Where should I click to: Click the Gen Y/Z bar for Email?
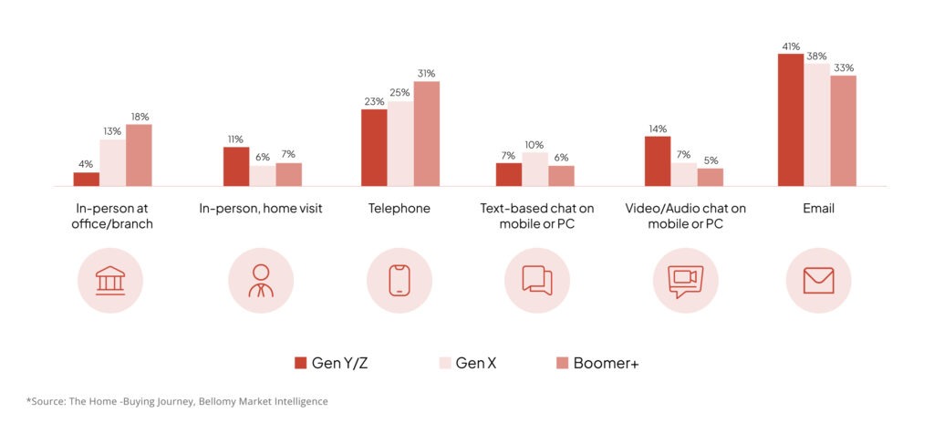[x=791, y=119]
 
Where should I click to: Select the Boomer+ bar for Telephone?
[x=426, y=133]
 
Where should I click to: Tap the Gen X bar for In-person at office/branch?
[x=113, y=162]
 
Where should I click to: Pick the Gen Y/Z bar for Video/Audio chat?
[x=658, y=161]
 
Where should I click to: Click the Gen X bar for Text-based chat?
[x=534, y=169]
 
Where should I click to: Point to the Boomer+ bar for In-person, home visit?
[x=288, y=174]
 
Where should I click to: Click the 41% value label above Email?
[x=791, y=46]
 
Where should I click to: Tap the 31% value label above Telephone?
[x=426, y=74]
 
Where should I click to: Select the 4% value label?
[x=86, y=164]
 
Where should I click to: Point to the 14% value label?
[x=658, y=129]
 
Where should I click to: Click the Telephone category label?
[x=399, y=209]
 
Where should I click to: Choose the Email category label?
[x=818, y=209]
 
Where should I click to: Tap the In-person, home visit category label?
[x=261, y=209]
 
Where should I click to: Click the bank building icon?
[x=110, y=280]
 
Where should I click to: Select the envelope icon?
[x=818, y=280]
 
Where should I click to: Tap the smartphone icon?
[x=399, y=280]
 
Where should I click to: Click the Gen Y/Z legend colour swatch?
[x=300, y=363]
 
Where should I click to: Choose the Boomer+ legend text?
[x=607, y=363]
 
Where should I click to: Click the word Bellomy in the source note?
[x=194, y=401]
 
